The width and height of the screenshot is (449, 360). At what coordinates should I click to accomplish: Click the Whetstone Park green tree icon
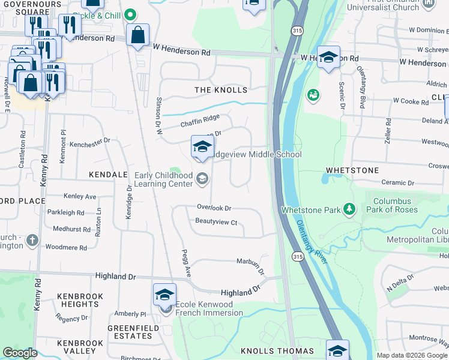[348, 209]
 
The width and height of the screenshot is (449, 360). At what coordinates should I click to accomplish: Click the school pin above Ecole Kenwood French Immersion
[164, 294]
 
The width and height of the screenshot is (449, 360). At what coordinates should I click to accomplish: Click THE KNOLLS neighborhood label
[221, 90]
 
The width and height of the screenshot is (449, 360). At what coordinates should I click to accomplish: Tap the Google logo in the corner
[20, 353]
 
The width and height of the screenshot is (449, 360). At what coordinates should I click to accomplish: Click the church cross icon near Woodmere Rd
[32, 241]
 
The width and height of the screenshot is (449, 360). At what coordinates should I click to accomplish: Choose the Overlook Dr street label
[214, 208]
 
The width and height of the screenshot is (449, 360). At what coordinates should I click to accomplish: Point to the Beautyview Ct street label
[217, 221]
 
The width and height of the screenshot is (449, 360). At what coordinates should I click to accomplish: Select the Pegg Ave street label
[187, 263]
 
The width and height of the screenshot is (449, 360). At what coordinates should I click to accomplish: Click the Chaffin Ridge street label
[200, 122]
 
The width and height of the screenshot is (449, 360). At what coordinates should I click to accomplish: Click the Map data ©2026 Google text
[412, 355]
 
